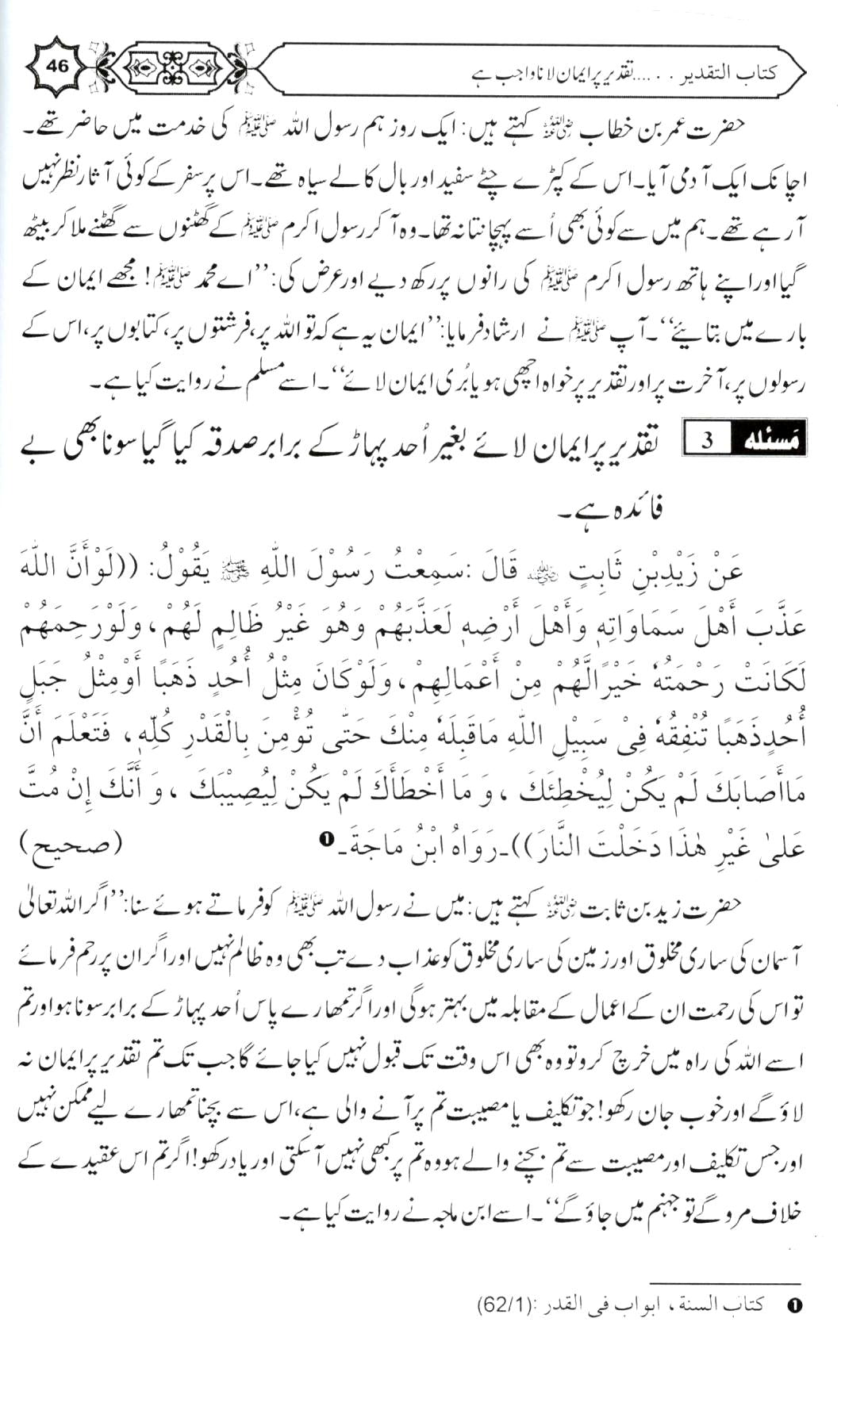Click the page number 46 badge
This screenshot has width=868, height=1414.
tap(58, 67)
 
